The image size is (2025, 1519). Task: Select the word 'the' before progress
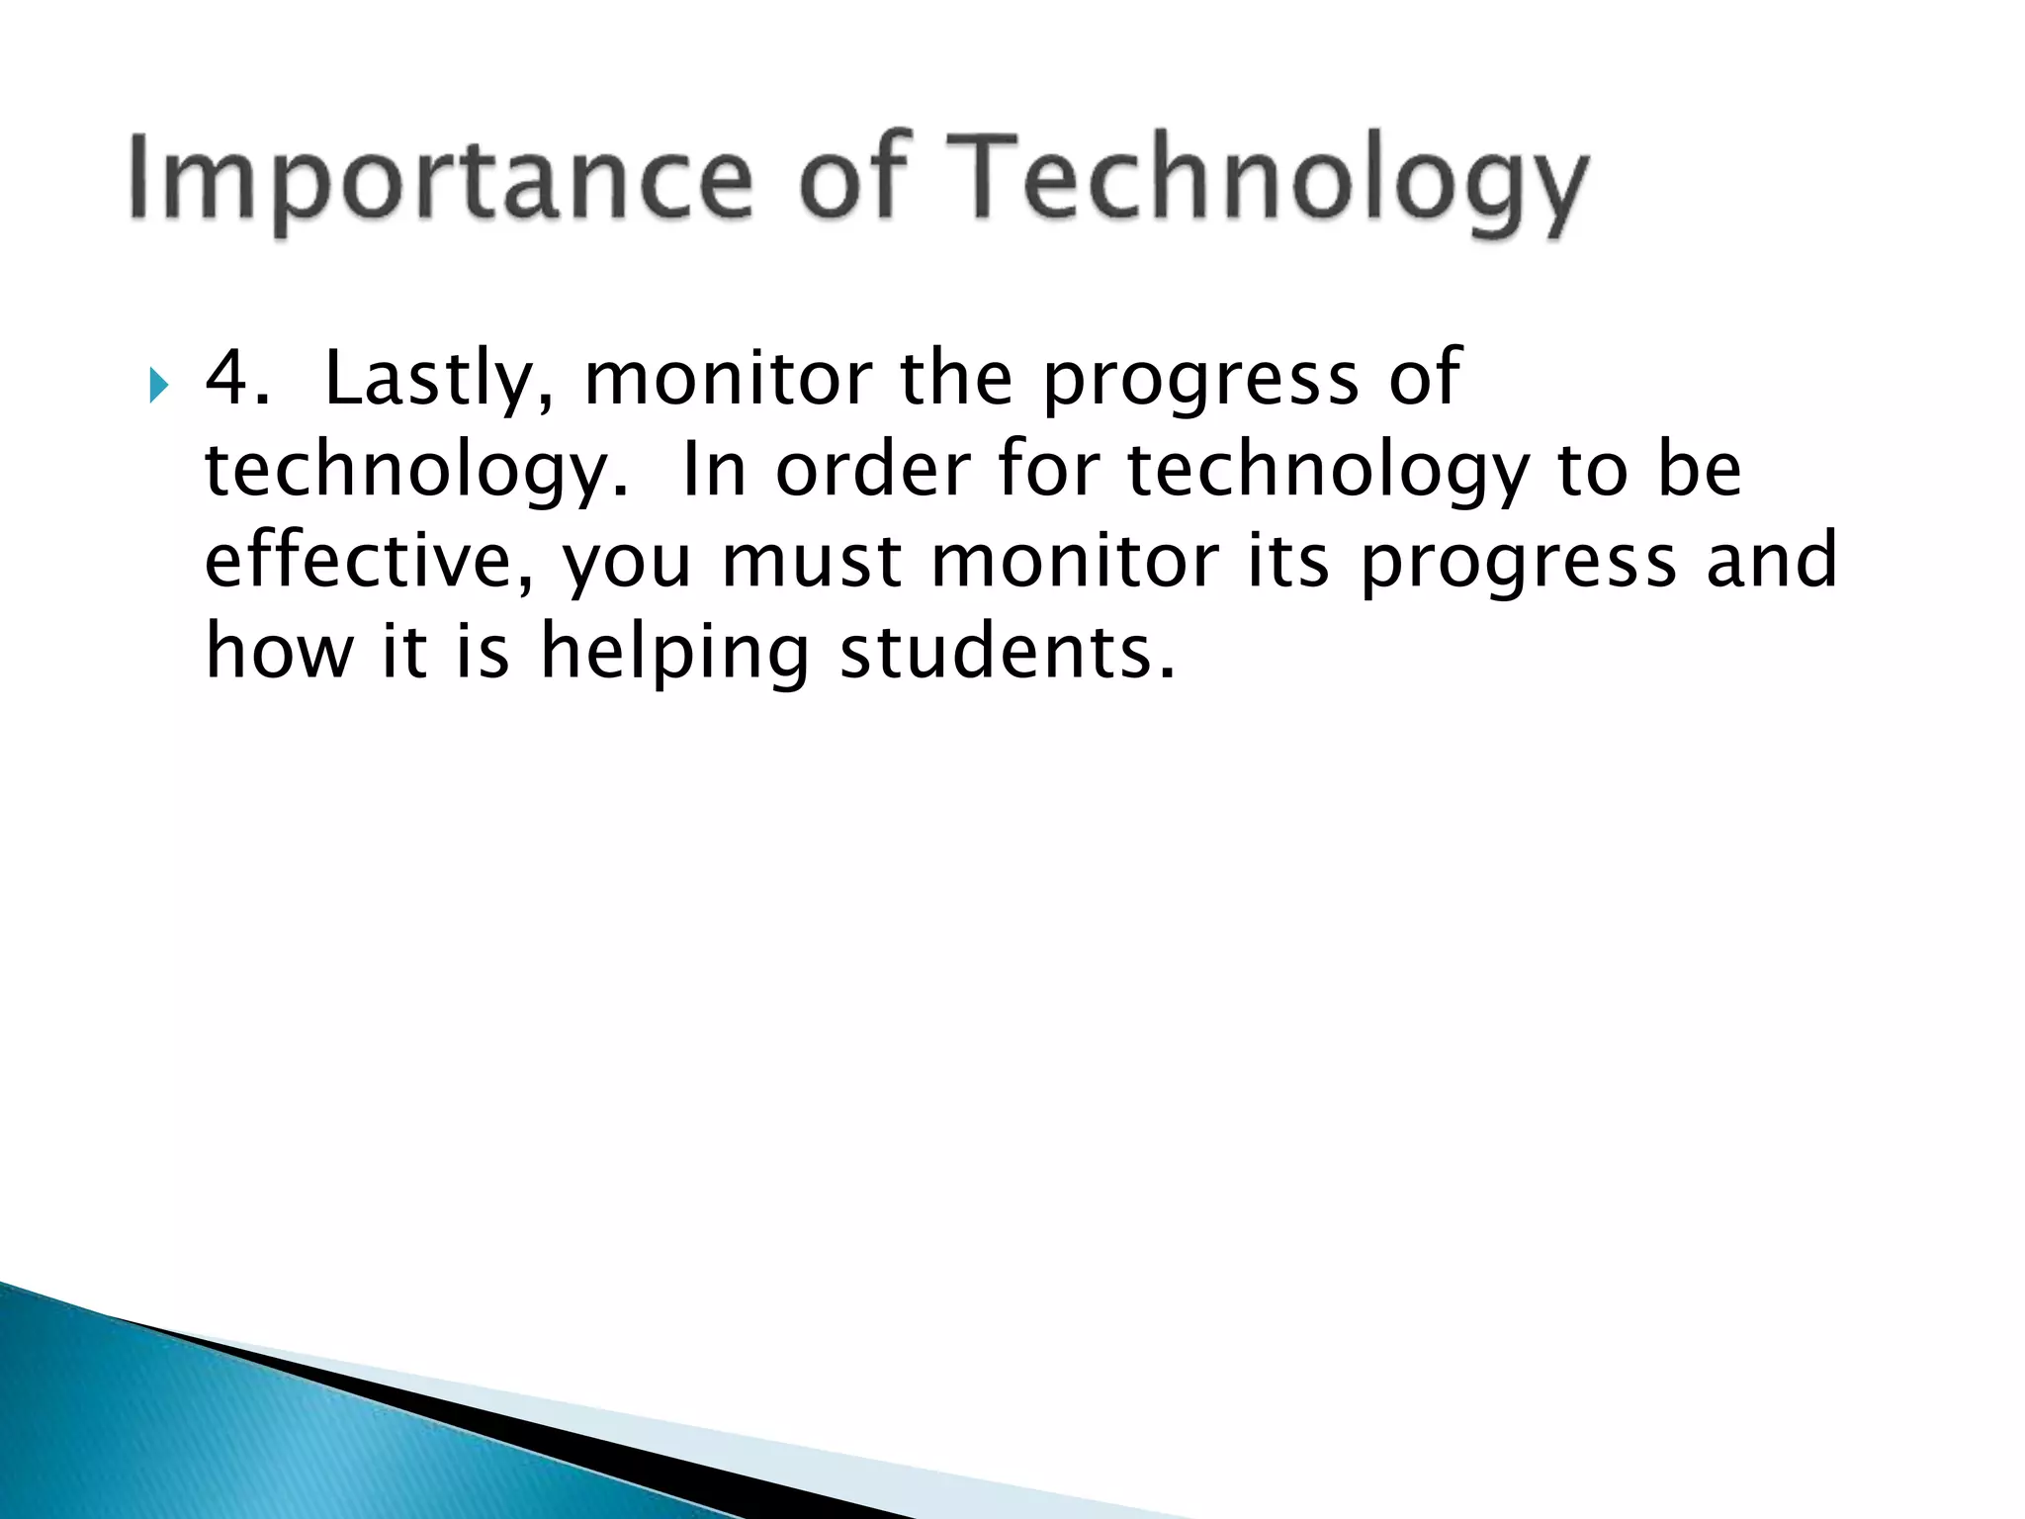pyautogui.click(x=956, y=378)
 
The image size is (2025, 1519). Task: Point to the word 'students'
pyautogui.click(x=1007, y=652)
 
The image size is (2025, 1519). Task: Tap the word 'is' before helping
pyautogui.click(x=483, y=652)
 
